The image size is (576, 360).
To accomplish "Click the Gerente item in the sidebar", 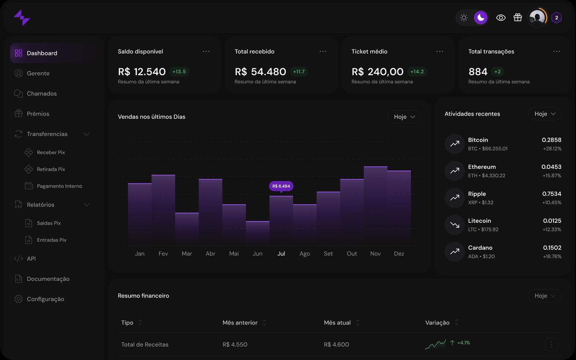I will pos(38,73).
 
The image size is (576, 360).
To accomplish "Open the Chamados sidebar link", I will pos(41,94).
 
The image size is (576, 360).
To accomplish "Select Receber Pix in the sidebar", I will pos(50,153).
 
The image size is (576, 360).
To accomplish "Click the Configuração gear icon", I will pos(18,299).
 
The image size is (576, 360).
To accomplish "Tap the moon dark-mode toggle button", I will pos(481,18).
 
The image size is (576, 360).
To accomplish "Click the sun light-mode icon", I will pos(464,18).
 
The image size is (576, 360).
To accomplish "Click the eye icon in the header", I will pos(501,18).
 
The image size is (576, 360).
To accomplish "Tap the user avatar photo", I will pos(536,18).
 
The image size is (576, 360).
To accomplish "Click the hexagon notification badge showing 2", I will pos(557,18).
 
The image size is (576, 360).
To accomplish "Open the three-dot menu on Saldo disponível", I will pos(206,51).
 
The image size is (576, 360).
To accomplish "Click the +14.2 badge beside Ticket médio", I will pos(417,72).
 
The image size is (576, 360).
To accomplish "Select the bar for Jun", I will pos(257,233).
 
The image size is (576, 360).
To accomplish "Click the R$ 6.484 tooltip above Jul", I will pos(281,186).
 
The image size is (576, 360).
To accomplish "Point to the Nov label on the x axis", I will pos(375,254).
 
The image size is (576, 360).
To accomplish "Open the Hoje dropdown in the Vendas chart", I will pos(404,117).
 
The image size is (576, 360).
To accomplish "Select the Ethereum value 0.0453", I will pos(551,167).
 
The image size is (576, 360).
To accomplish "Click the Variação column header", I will pos(437,323).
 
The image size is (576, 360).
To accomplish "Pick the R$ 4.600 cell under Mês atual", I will pos(336,345).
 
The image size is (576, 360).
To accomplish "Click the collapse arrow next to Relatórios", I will pos(87,205).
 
